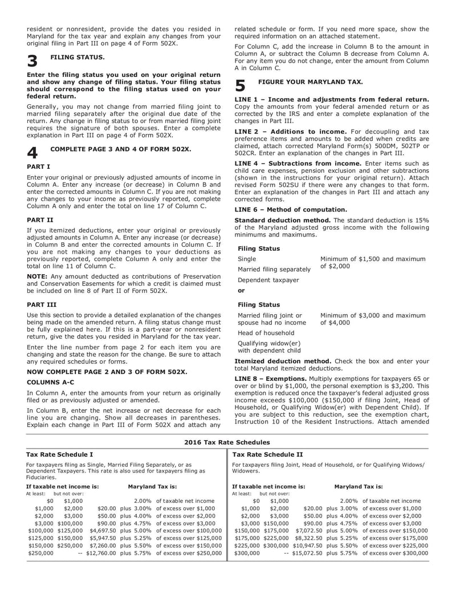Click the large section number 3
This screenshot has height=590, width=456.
(x=32, y=62)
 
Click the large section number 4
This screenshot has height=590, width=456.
(x=32, y=152)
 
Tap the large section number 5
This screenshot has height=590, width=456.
(x=241, y=86)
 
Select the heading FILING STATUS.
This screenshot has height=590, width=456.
(x=78, y=58)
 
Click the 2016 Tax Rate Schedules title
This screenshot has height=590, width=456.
(x=227, y=442)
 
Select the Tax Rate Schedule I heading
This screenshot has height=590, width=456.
(x=60, y=454)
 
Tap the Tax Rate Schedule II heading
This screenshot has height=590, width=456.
(x=268, y=454)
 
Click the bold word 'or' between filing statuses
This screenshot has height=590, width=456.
(x=241, y=290)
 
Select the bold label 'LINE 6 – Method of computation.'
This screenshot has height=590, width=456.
(x=291, y=209)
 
